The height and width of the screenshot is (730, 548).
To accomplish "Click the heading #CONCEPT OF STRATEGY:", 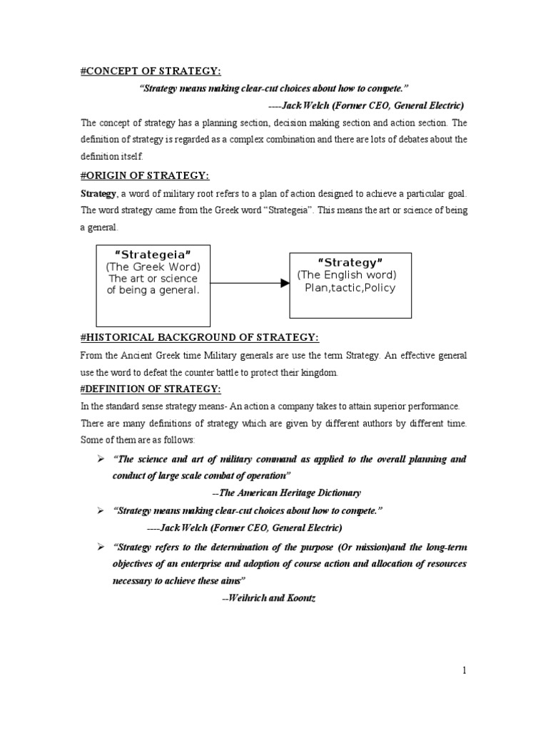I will coord(150,71).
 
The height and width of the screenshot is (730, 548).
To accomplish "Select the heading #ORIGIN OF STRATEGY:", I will coord(145,176).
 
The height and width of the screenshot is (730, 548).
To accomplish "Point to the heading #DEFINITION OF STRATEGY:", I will coord(150,389).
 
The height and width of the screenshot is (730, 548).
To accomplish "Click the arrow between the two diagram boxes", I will coord(250,284).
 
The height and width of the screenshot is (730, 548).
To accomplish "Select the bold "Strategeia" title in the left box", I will coord(153,255).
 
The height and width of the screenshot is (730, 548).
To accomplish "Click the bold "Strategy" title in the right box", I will coord(350,262).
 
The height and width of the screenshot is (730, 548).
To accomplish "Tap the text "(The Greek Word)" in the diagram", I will coord(153,267).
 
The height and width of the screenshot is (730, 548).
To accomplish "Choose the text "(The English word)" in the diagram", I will coord(347,275).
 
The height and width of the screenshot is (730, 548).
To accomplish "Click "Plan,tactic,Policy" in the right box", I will coord(350,287).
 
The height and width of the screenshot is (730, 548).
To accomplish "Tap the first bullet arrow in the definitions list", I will coord(101,458).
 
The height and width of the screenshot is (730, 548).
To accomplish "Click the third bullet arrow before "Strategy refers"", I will coord(101,545).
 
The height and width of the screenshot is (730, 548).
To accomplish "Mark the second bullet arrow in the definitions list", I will coord(101,510).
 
